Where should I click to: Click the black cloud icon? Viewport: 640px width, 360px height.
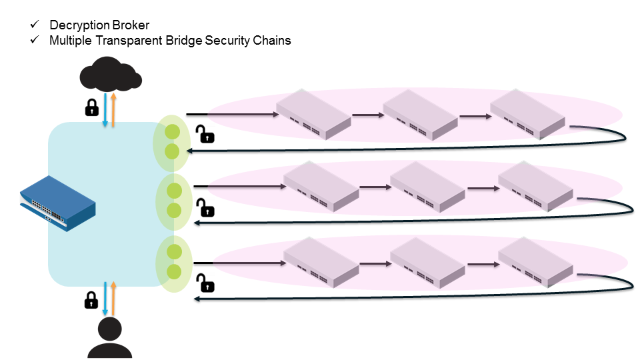click(111, 75)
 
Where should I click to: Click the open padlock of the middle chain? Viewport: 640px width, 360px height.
click(207, 208)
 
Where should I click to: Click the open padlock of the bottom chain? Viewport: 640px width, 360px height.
click(207, 283)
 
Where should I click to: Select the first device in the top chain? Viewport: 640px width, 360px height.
click(313, 114)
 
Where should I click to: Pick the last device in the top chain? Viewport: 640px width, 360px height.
click(527, 114)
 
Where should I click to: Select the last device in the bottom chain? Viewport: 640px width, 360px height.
click(535, 262)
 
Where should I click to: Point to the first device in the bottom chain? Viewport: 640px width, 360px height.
click(321, 262)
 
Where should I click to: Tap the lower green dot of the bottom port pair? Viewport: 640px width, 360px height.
click(174, 271)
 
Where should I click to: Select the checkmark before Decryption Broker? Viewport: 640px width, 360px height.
click(35, 25)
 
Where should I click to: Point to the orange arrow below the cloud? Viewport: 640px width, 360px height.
click(114, 111)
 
